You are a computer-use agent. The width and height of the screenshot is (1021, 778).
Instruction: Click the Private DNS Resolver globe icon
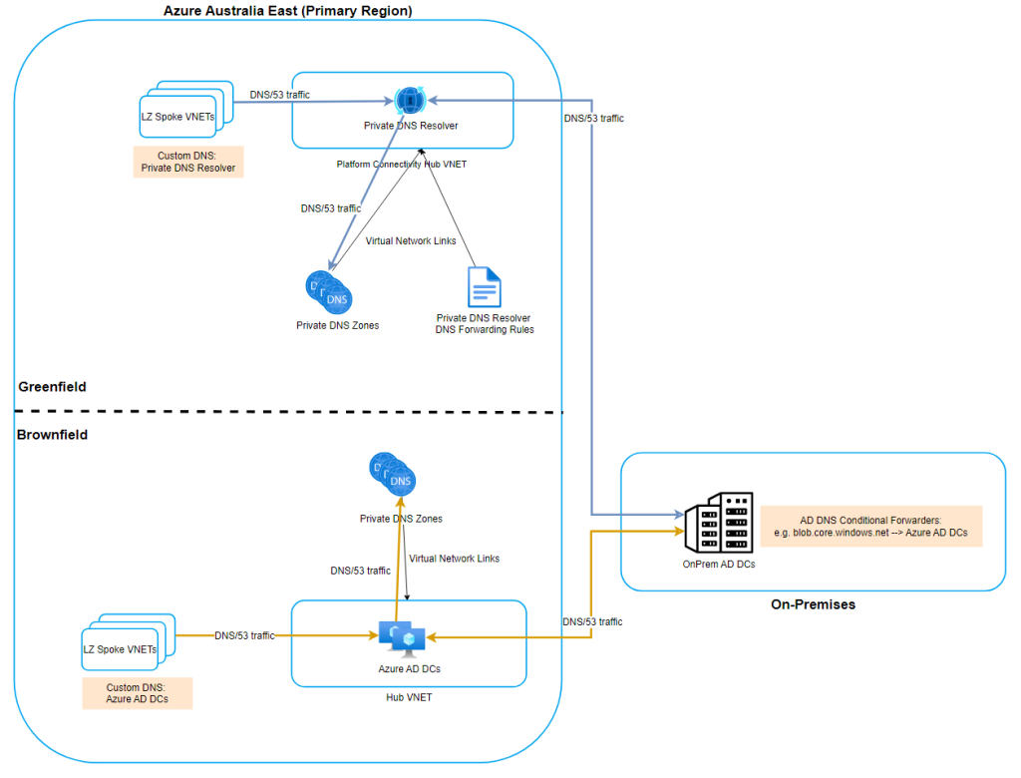tap(410, 101)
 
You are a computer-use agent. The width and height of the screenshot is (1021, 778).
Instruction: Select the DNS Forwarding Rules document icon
tap(485, 286)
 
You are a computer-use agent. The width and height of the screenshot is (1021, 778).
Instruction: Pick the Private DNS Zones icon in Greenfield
tap(328, 292)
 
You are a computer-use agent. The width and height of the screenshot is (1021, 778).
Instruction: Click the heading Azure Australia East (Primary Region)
tap(288, 10)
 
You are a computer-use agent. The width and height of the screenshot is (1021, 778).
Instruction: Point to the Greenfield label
tap(52, 386)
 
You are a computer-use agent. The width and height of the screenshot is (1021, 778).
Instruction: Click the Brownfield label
tap(52, 435)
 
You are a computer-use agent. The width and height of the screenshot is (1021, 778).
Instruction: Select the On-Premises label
tap(813, 604)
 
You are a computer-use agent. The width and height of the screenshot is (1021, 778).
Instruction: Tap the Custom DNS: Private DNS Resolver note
tap(188, 162)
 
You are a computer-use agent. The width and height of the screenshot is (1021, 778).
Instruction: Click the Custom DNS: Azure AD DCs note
tap(137, 694)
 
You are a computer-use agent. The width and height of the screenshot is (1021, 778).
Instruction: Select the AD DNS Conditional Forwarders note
tap(870, 527)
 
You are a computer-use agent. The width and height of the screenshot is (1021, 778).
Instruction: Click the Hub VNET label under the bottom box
tap(409, 697)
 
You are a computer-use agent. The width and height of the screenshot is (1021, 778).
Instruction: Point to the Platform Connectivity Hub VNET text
tap(403, 163)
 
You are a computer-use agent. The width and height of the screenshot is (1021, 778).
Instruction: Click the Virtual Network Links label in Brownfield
tap(454, 559)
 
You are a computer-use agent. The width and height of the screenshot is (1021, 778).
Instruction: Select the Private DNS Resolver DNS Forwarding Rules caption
tap(485, 323)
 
